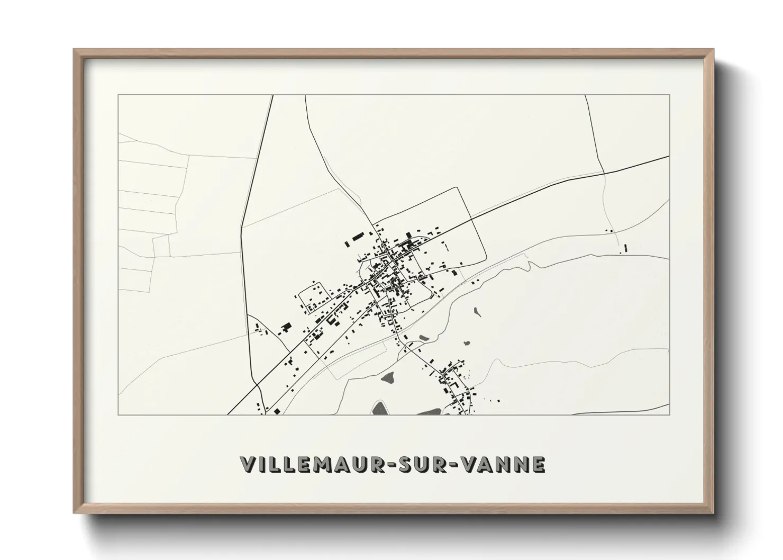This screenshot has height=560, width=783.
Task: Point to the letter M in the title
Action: click(x=320, y=464)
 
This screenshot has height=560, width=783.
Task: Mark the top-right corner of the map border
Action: click(x=669, y=95)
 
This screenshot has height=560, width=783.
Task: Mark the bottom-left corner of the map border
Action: click(x=118, y=414)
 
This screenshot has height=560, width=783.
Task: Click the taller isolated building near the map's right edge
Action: click(x=625, y=247)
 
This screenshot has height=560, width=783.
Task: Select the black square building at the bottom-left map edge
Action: click(x=276, y=411)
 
